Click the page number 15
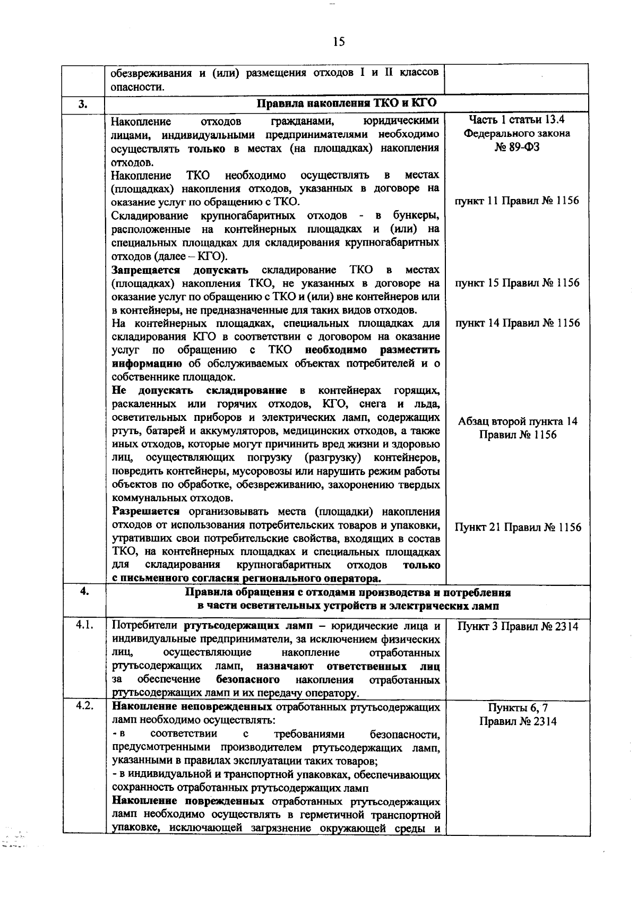[339, 42]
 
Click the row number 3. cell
[83, 103]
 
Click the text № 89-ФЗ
[517, 147]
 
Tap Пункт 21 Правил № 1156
[517, 527]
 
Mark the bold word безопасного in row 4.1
[248, 680]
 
